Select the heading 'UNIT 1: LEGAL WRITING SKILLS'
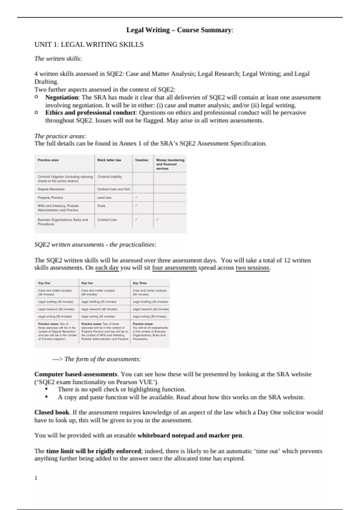pos(89,45)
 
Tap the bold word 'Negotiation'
pos(62,97)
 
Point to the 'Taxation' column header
pos(142,160)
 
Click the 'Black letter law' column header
pos(109,160)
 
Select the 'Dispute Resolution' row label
pos(51,189)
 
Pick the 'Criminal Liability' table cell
pos(109,177)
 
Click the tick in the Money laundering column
pos(158,220)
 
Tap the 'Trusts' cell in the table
pos(101,206)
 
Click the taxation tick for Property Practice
pos(136,197)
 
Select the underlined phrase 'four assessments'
pos(174,268)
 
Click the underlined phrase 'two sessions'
pos(253,268)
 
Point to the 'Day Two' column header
pos(87,283)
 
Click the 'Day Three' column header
pos(140,283)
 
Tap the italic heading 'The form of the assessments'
pos(102,359)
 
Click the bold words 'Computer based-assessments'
pos(76,374)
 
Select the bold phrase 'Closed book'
pos(52,412)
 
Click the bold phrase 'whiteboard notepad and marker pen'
pos(190,436)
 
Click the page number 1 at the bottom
pos(36,478)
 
